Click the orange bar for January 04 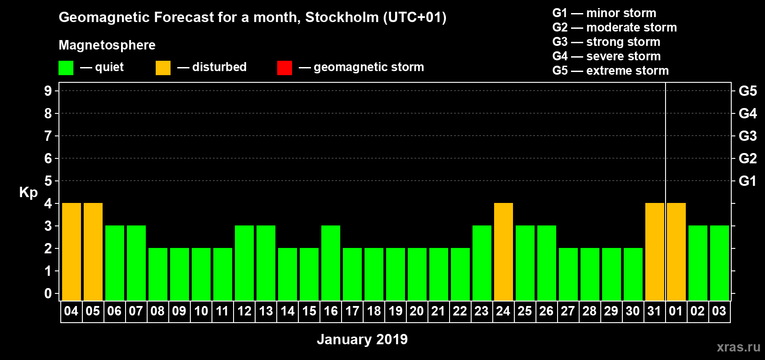[72, 252]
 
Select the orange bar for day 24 [504, 252]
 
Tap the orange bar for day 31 [655, 252]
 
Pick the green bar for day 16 [331, 263]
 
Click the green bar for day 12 [244, 263]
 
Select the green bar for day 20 [417, 274]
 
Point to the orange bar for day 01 [676, 252]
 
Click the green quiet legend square [66, 68]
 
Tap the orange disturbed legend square [163, 68]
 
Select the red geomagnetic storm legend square [284, 68]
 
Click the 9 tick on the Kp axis [48, 91]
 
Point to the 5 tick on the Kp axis [48, 181]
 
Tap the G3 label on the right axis [747, 136]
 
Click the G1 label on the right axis [747, 181]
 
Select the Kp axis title [28, 192]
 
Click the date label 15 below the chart [309, 311]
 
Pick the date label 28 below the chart [589, 311]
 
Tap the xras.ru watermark [738, 347]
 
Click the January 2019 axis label [362, 339]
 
